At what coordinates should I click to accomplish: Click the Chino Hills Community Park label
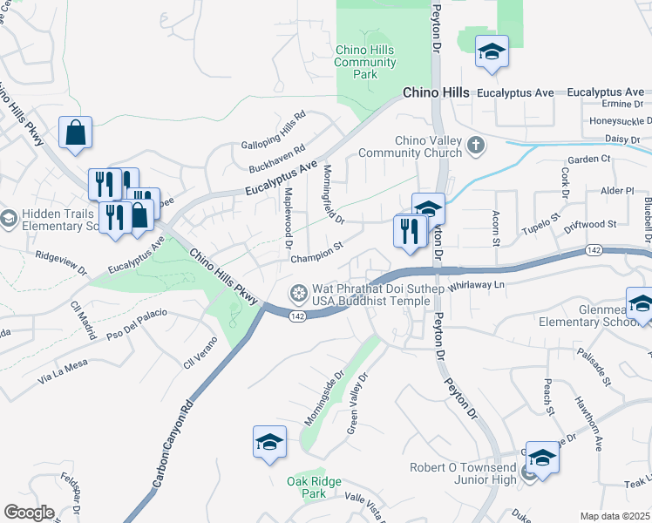tap(365, 62)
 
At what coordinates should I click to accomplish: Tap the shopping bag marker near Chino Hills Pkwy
tap(76, 132)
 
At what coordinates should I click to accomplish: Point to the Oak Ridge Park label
tap(314, 487)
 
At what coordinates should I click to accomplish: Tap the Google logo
tap(29, 513)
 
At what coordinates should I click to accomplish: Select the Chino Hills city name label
tap(435, 92)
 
